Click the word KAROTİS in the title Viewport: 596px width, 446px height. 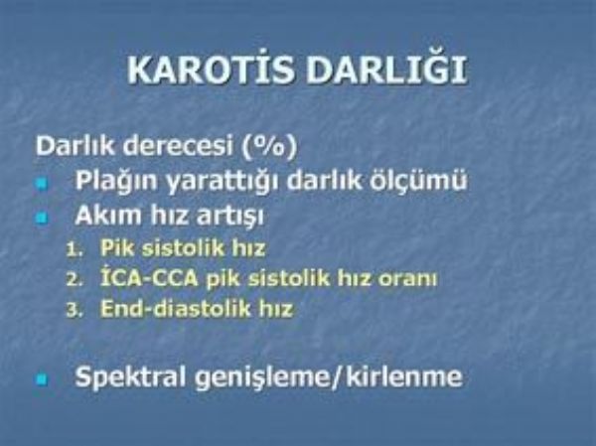coord(211,70)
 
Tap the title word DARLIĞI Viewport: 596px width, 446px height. coord(386,70)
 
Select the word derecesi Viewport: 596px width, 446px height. coord(178,146)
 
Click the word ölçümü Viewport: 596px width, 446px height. coord(418,181)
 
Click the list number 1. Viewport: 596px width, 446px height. coord(74,250)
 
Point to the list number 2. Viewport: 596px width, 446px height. coord(74,280)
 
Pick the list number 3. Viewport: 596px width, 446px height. coord(74,310)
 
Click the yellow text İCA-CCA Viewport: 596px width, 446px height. coord(149,279)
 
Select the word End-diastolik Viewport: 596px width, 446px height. coord(176,308)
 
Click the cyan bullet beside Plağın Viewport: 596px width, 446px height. coord(42,184)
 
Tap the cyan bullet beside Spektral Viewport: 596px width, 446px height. coord(42,379)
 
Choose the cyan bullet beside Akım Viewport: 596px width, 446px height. coord(42,219)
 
